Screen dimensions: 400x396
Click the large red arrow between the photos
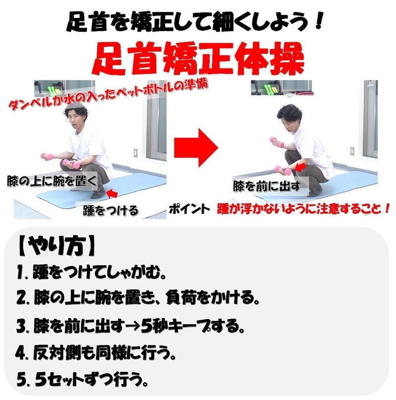coord(197,148)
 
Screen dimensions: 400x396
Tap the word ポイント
coord(189,209)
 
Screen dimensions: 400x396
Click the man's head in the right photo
coord(290,117)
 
